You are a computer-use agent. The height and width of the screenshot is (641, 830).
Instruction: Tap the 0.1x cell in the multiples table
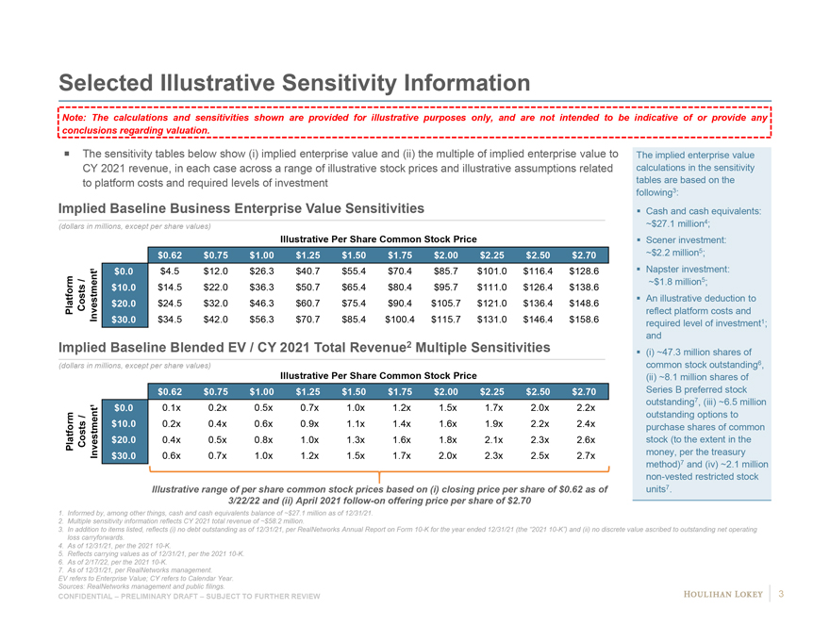tap(170, 407)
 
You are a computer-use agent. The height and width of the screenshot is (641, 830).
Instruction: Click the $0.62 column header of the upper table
tap(170, 253)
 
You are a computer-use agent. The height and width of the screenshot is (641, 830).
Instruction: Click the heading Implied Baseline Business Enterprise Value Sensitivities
tap(241, 207)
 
